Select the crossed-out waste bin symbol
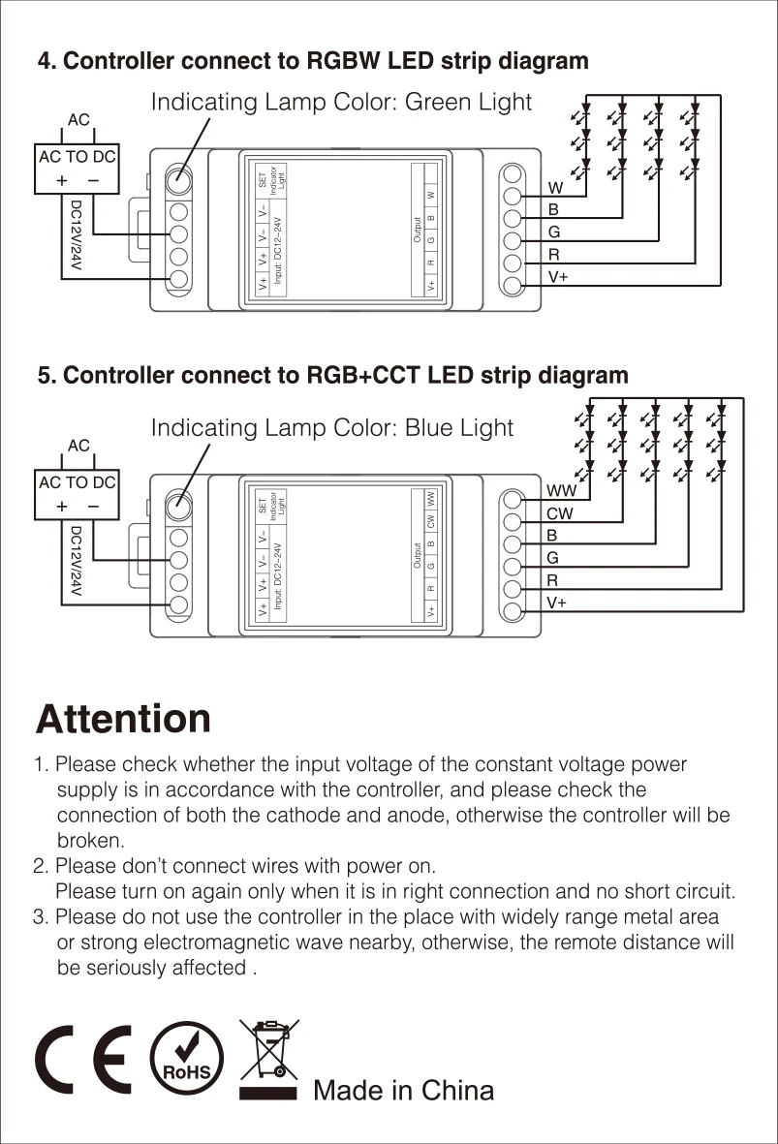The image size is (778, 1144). [267, 1059]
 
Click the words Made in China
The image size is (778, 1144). [403, 1091]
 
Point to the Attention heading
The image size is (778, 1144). [123, 720]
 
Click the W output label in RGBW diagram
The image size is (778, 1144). [555, 188]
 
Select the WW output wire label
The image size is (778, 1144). [560, 492]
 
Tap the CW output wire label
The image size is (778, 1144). [560, 514]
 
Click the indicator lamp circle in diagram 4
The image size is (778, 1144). [178, 180]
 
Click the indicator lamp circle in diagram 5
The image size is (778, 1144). [178, 505]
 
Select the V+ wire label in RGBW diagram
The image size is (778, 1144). [557, 277]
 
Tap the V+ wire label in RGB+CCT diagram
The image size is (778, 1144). [556, 603]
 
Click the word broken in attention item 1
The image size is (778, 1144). [91, 841]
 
